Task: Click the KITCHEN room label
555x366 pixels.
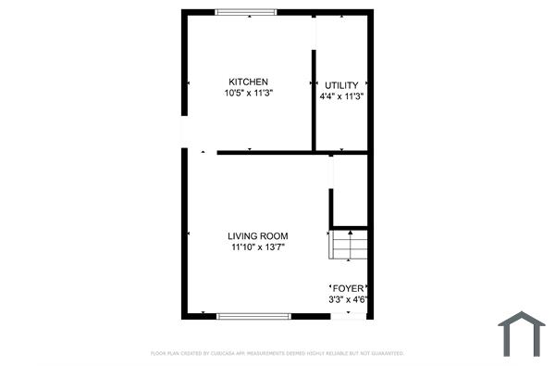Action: (x=248, y=82)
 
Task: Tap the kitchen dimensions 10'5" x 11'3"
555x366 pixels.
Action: (x=248, y=93)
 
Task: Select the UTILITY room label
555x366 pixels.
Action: (x=340, y=84)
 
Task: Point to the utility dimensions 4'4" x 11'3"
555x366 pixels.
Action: (x=340, y=95)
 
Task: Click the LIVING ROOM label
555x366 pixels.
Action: (x=258, y=236)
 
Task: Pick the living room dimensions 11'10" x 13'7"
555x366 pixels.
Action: (x=258, y=247)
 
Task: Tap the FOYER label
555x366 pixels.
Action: (x=350, y=288)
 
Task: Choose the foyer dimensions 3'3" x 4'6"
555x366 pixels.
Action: (x=350, y=298)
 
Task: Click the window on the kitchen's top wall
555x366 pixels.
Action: (x=245, y=12)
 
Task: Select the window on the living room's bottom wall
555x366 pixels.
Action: (x=253, y=316)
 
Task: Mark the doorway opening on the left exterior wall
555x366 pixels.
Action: (x=184, y=133)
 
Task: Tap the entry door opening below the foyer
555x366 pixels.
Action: (x=349, y=316)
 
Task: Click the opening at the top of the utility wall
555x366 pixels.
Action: (x=314, y=28)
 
